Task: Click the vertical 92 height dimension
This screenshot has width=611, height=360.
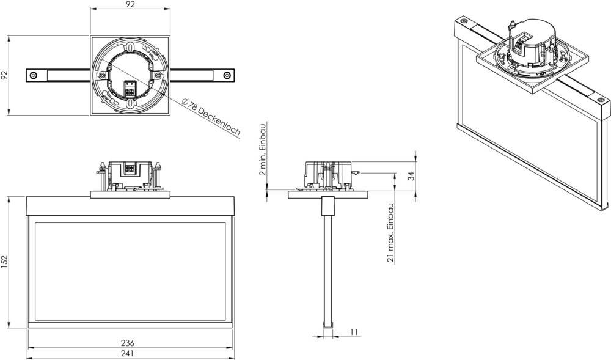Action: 4,75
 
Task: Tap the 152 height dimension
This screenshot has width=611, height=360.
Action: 4,262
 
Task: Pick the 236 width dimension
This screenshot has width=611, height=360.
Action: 128,342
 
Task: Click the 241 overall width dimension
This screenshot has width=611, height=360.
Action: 128,353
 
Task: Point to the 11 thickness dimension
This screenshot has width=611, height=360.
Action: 354,332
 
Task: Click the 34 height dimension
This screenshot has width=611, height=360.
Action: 411,176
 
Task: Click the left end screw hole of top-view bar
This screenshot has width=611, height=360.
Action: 34,75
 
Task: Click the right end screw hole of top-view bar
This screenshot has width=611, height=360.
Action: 227,75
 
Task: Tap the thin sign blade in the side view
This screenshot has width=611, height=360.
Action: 327,269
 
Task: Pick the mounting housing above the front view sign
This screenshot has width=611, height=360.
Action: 130,175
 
